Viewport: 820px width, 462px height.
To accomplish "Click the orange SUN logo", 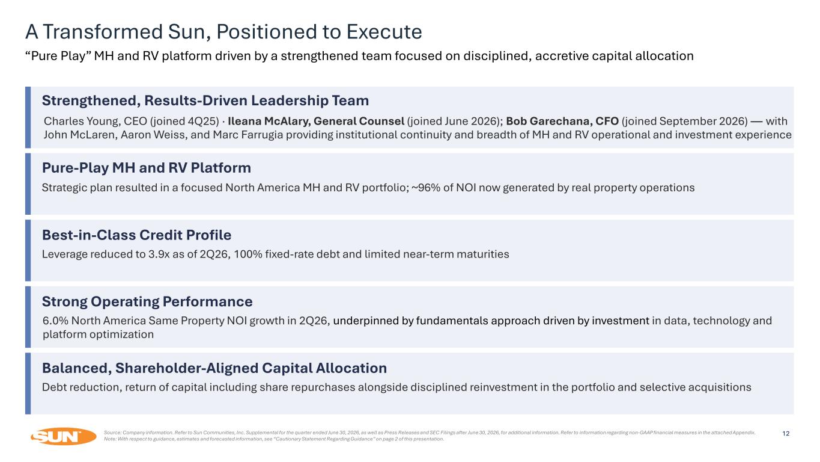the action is click(x=63, y=436).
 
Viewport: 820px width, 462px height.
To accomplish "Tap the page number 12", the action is click(x=786, y=434).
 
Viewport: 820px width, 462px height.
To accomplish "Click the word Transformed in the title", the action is click(x=103, y=31).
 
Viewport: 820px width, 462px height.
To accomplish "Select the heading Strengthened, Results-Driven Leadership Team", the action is click(x=205, y=100).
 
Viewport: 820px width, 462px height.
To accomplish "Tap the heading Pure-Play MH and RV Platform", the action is click(x=147, y=168).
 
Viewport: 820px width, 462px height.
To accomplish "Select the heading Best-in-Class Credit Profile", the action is click(x=136, y=235).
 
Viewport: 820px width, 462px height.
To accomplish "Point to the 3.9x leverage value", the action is click(x=159, y=254).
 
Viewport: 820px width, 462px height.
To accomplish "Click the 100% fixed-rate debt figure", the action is click(x=248, y=254).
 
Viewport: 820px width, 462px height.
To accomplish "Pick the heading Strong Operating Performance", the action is click(x=147, y=302).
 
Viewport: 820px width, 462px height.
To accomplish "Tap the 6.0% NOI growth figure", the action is click(x=56, y=321).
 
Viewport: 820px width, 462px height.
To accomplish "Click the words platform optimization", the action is click(x=98, y=334).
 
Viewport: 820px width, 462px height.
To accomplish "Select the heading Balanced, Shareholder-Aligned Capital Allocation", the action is click(x=214, y=368).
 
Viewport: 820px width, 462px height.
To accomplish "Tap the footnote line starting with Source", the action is click(x=430, y=433).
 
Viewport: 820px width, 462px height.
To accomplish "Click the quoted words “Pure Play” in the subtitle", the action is click(x=58, y=56).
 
